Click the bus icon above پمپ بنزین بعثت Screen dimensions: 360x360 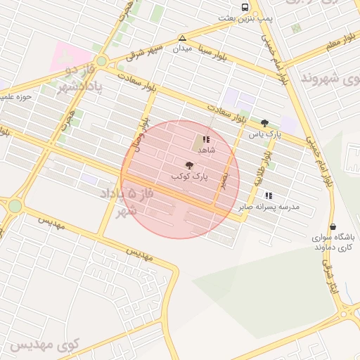pyautogui.click(x=244, y=7)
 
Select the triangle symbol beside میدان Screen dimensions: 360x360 pyautogui.click(x=182, y=37)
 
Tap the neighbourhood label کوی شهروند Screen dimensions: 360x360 pyautogui.click(x=330, y=77)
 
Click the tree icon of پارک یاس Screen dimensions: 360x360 pyautogui.click(x=264, y=122)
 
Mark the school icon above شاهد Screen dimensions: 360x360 pyautogui.click(x=206, y=140)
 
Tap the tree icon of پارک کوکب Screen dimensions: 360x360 pyautogui.click(x=188, y=164)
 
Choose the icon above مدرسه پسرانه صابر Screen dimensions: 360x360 pyautogui.click(x=268, y=195)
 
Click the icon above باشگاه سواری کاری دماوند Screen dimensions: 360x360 pyautogui.click(x=333, y=226)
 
